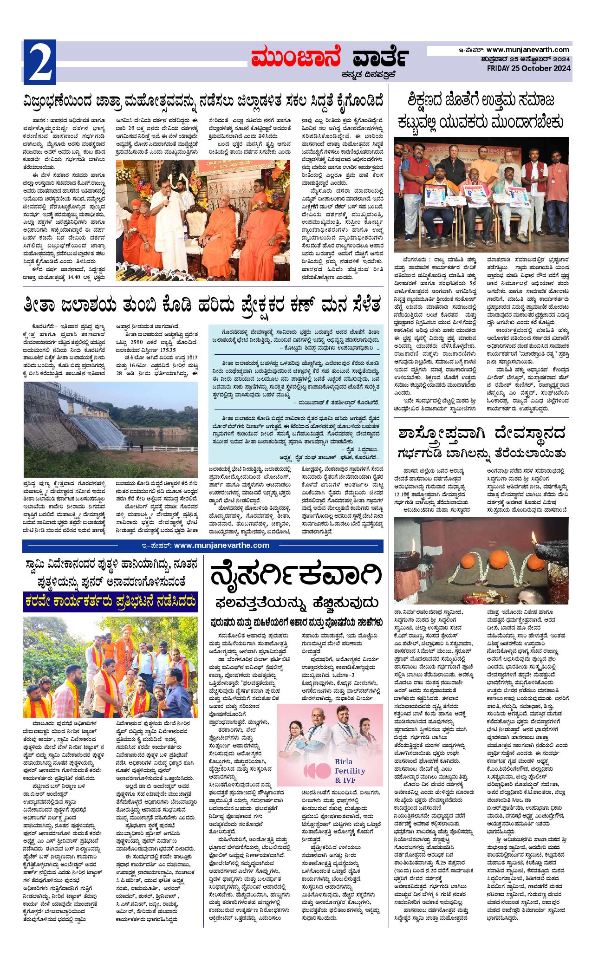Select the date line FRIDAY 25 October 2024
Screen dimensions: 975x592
[529, 69]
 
